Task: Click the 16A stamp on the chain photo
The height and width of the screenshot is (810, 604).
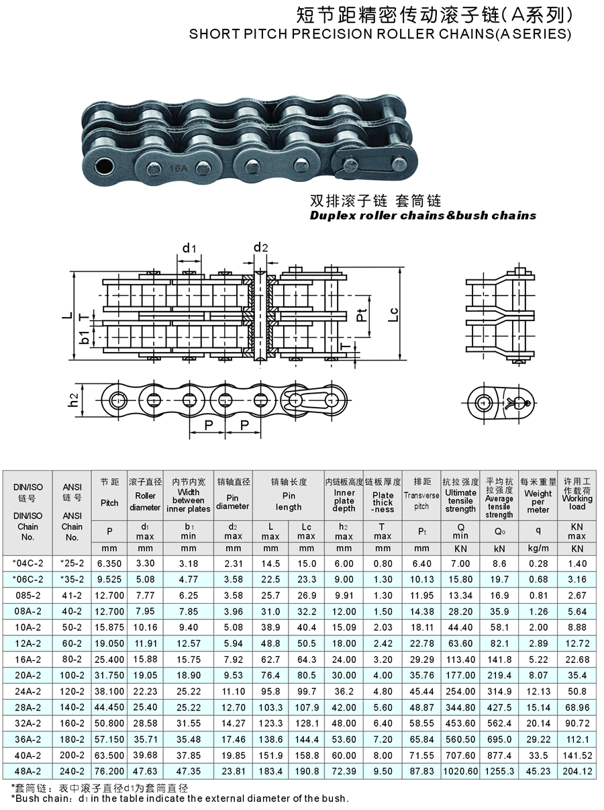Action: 179,169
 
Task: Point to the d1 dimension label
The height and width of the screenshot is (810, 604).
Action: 189,249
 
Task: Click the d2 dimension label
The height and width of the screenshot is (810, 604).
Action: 260,247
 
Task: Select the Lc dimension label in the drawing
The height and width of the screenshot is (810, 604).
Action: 393,314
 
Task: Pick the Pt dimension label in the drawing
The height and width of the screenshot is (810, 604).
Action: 362,315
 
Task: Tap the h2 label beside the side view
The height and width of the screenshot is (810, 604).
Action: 74,400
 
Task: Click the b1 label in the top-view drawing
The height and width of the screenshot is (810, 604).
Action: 85,338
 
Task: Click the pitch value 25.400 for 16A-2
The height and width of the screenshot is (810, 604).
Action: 109,660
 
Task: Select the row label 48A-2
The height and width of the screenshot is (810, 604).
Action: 28,771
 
